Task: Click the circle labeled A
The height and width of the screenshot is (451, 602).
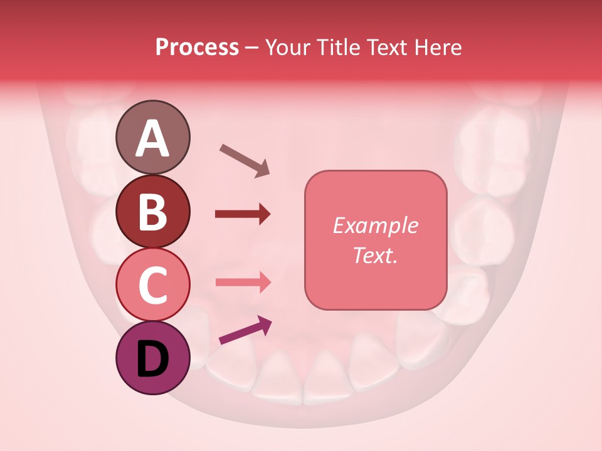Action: tap(152, 137)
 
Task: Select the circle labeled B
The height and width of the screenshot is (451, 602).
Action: tap(152, 211)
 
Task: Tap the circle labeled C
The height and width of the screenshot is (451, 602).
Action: tap(152, 284)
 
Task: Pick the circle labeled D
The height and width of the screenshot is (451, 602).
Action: tap(152, 358)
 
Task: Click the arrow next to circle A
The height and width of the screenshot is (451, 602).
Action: tap(245, 160)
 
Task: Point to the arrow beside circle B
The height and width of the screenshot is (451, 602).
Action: tap(243, 214)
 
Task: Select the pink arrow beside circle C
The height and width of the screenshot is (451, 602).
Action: tap(243, 283)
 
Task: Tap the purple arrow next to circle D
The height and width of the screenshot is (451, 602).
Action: tap(245, 330)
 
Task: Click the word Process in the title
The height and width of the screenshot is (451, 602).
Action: tap(197, 48)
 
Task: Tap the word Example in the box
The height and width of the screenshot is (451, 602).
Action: tap(375, 226)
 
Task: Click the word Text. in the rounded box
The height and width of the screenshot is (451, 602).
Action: tap(375, 255)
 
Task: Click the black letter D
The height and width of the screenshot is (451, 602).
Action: tap(152, 359)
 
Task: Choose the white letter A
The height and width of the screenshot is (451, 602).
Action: tap(152, 138)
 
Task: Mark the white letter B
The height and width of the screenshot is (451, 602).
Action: tap(152, 212)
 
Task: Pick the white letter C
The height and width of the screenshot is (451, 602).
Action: tap(152, 285)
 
